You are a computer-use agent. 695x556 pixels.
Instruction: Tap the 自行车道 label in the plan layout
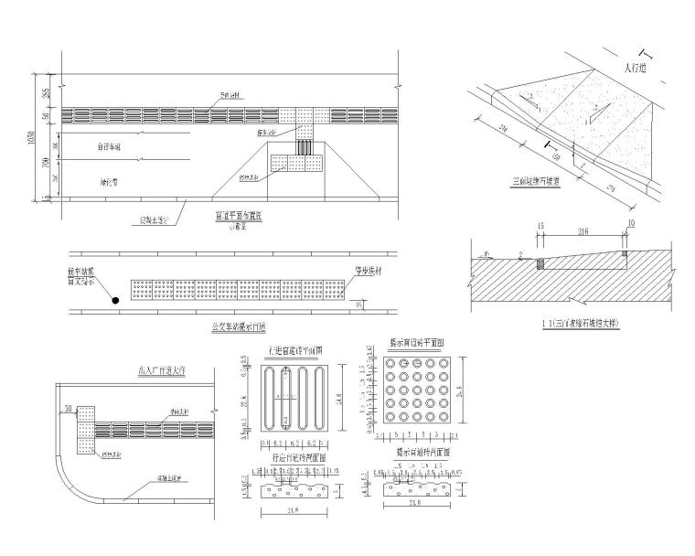tap(110, 146)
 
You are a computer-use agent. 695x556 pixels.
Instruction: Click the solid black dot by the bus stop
tap(116, 299)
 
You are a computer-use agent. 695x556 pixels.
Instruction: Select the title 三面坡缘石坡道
tap(543, 182)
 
